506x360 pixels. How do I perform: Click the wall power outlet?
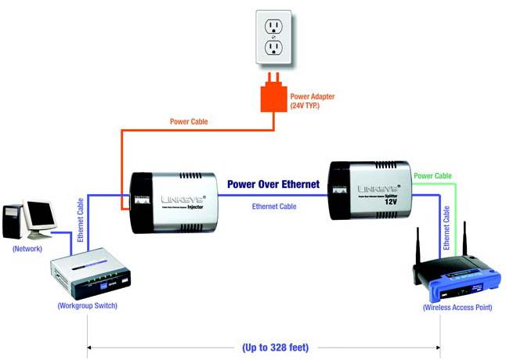click(x=273, y=38)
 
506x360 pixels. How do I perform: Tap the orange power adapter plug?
click(x=273, y=96)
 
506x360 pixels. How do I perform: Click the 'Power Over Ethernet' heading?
click(x=273, y=185)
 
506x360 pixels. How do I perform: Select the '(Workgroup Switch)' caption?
click(x=88, y=306)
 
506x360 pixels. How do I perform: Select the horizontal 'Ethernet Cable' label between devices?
click(x=275, y=207)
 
